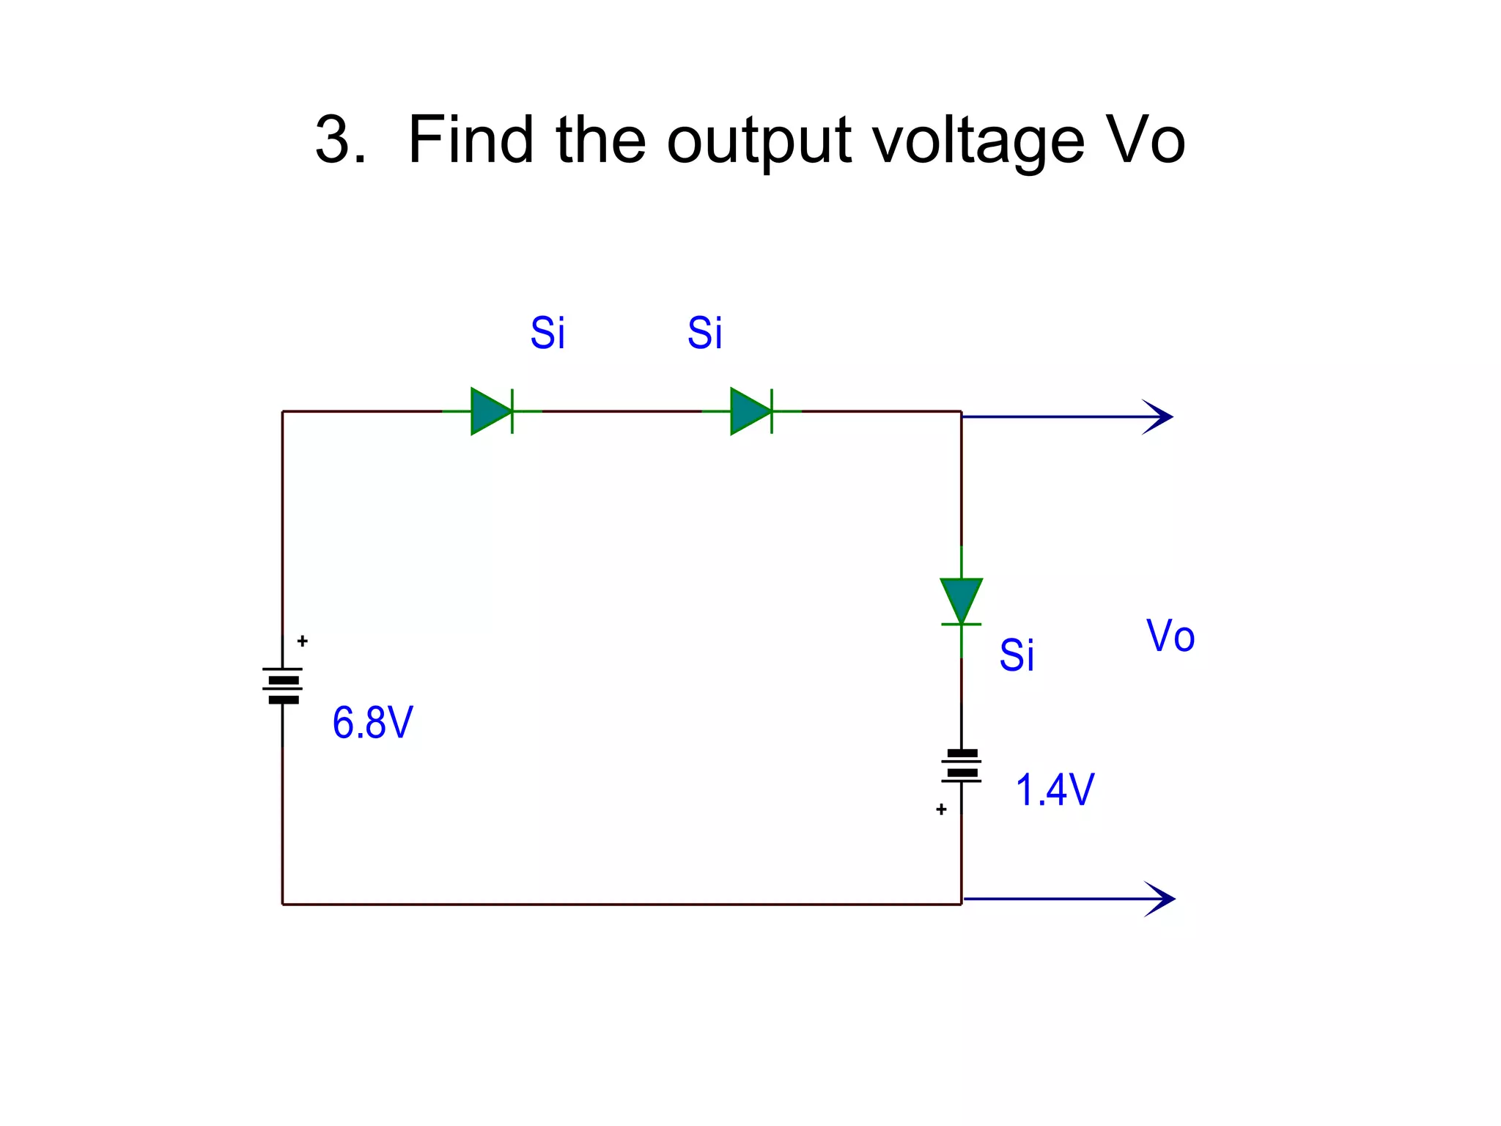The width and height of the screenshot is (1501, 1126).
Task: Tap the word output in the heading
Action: tap(759, 143)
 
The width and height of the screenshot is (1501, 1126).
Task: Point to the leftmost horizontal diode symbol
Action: tap(492, 411)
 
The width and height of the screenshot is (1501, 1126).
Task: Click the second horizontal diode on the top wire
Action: tap(751, 411)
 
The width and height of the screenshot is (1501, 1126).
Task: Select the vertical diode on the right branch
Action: tap(961, 602)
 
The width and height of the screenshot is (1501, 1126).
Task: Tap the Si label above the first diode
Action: tap(547, 334)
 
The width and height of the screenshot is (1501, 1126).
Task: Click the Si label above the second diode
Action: tap(704, 334)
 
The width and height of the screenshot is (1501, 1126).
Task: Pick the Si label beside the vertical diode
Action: tap(1017, 655)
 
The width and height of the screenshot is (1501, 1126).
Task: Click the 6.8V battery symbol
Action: tap(283, 685)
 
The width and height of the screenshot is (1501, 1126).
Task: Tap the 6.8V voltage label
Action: tap(372, 723)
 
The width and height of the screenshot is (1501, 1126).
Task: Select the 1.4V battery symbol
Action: tap(962, 765)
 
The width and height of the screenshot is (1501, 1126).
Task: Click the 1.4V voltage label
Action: tap(1054, 790)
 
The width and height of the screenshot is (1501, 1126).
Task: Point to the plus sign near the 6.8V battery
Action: tap(302, 641)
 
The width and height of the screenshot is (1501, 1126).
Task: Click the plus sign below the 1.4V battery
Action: tap(941, 809)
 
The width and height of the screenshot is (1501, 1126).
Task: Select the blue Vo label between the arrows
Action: tap(1170, 636)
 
